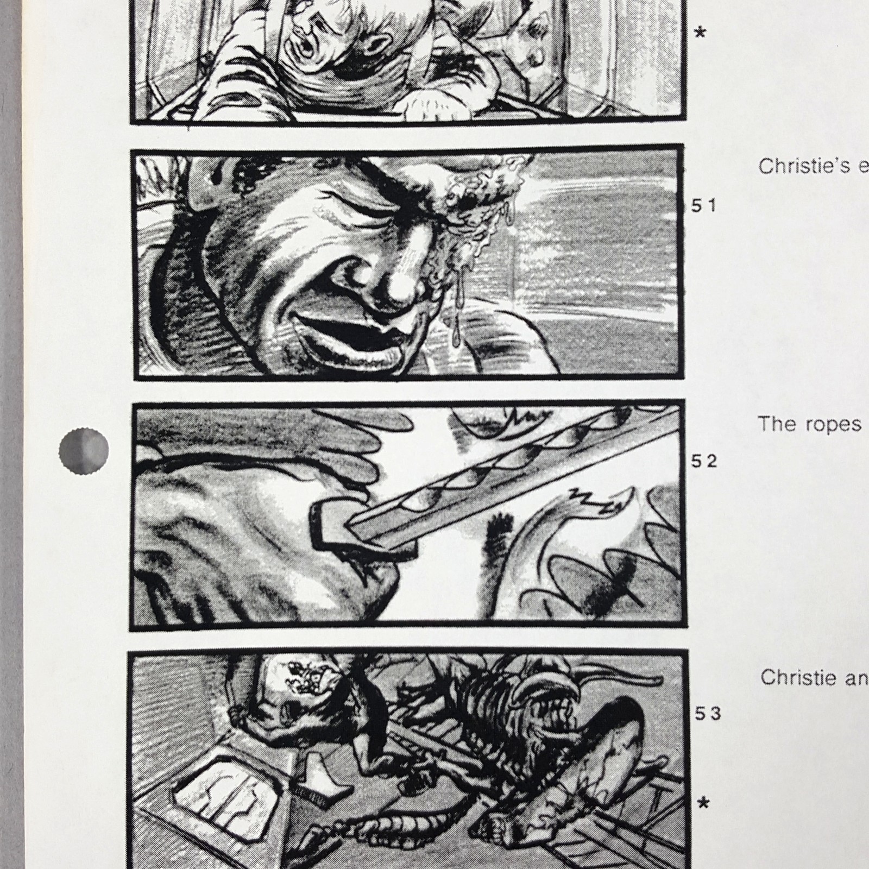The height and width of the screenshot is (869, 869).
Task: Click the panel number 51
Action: click(x=704, y=206)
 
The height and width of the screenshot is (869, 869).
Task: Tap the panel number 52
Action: click(x=704, y=462)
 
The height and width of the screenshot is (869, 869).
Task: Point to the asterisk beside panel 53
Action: click(x=704, y=803)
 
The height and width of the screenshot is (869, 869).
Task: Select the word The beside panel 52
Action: click(x=776, y=424)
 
